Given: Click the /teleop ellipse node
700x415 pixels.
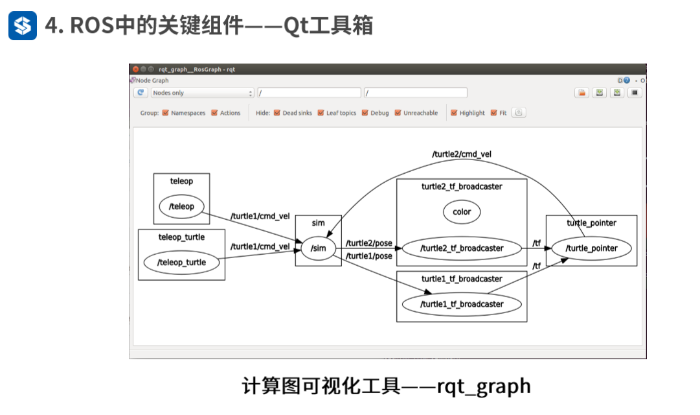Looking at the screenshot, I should coord(181,207).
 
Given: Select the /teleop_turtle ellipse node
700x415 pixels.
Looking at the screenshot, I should coord(181,263).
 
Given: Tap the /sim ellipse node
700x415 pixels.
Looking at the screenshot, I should coord(318,248).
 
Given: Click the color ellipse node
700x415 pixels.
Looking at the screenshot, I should coord(462,212).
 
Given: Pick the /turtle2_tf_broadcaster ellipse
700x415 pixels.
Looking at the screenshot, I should coord(462,248).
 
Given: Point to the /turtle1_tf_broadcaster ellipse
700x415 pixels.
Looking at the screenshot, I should coord(462,304).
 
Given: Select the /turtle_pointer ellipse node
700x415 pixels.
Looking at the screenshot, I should coord(591,248).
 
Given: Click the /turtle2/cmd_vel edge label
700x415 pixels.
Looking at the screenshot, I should coord(462,154).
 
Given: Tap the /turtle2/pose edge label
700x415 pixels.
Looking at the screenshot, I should coord(369,243).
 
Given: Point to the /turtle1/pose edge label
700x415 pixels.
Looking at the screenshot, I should coord(369,256).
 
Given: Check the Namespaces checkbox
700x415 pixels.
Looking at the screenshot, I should coord(166,113).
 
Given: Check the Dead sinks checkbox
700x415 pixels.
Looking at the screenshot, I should coord(277,113).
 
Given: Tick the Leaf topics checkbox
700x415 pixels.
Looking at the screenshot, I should coord(321,113).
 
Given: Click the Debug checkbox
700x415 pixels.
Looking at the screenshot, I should coord(365,113).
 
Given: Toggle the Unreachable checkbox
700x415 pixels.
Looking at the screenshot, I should coord(398,113).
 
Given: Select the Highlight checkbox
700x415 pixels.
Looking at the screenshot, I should coord(454,113).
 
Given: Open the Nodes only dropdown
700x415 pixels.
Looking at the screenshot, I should coord(202,93).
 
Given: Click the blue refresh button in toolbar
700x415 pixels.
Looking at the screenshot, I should coord(141,93).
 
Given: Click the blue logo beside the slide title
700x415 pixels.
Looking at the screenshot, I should coord(23,26).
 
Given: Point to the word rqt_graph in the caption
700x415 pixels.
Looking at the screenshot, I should coord(484,387).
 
